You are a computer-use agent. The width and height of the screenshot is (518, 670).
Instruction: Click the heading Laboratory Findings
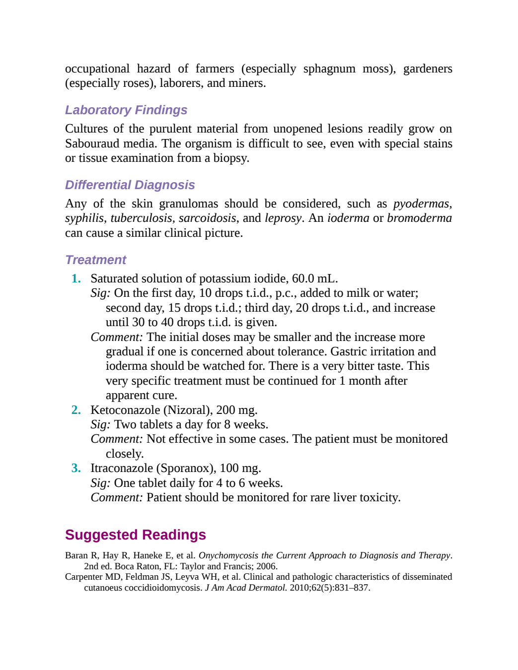[x=126, y=110]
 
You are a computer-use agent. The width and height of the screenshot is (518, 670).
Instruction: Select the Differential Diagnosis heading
[x=130, y=185]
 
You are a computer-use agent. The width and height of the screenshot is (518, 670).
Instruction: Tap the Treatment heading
[x=96, y=260]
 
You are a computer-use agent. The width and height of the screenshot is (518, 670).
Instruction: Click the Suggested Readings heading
[x=136, y=535]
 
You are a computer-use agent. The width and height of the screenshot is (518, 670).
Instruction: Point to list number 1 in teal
[x=76, y=278]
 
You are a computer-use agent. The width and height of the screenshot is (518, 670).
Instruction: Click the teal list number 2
[x=76, y=410]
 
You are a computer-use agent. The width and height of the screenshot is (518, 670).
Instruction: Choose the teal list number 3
[x=76, y=468]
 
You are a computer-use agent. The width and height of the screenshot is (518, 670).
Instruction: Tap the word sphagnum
[x=329, y=69]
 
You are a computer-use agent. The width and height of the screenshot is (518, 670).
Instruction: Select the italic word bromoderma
[x=420, y=218]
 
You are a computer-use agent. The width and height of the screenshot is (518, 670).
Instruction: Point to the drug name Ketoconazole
[x=125, y=410]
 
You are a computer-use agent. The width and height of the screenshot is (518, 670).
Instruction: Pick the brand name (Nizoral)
[x=188, y=410]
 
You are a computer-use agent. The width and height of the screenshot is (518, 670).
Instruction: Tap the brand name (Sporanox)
[x=186, y=469]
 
